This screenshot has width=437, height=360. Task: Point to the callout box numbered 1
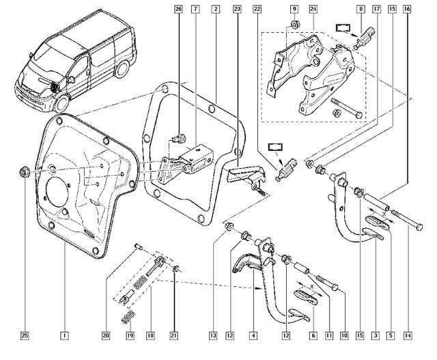(x=64, y=335)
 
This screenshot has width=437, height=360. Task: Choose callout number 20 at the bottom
(x=106, y=335)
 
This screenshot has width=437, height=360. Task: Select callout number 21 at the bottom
(x=173, y=335)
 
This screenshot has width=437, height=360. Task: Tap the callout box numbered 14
(x=407, y=335)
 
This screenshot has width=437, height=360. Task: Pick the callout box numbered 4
(x=253, y=335)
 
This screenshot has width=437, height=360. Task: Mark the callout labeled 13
(x=213, y=335)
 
